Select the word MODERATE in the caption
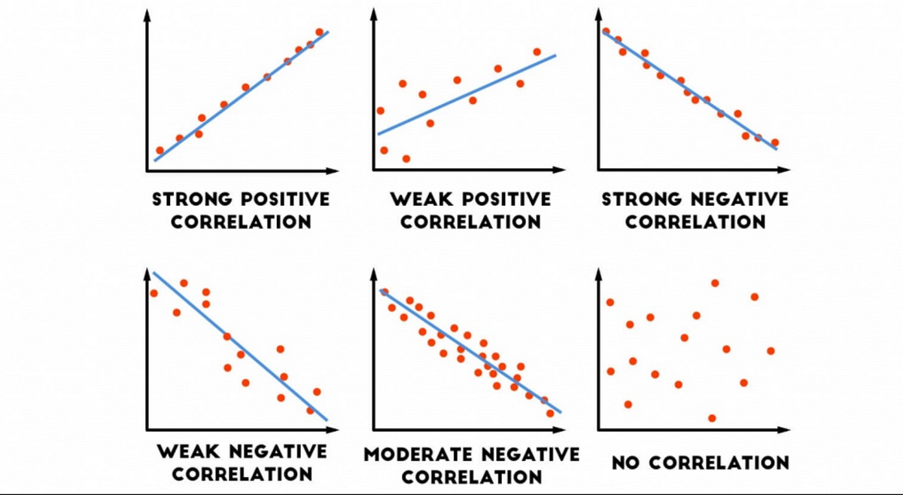(x=415, y=454)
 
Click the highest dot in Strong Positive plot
(x=319, y=32)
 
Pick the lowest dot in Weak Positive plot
(x=406, y=158)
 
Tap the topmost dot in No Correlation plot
(x=715, y=283)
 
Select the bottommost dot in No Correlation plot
(x=712, y=417)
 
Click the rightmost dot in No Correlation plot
(x=771, y=350)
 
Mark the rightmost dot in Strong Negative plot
(x=775, y=142)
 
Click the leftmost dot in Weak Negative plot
(x=154, y=293)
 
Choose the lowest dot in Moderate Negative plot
(x=549, y=413)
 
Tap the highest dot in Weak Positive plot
(x=537, y=52)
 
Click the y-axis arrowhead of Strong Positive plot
(x=147, y=14)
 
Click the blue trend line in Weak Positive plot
(x=467, y=94)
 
